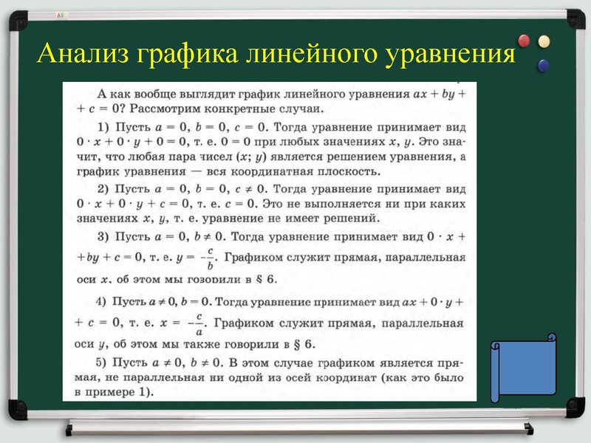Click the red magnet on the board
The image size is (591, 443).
525,40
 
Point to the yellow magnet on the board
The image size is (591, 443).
544,41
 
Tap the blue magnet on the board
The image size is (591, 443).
544,66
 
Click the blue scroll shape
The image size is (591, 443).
524,368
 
